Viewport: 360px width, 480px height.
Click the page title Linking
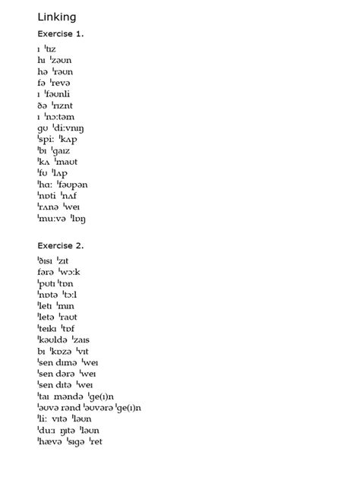(x=56, y=17)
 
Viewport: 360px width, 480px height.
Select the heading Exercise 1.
(x=61, y=34)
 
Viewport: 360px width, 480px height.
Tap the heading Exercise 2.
(x=61, y=245)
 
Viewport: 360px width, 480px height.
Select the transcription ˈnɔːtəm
(x=60, y=117)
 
